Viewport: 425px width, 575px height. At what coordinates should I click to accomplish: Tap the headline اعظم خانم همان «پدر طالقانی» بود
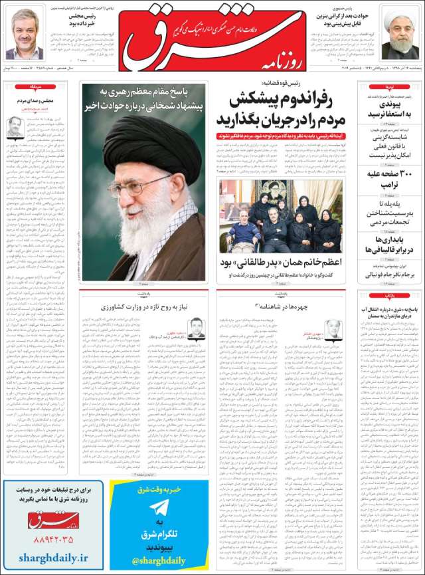pos(282,263)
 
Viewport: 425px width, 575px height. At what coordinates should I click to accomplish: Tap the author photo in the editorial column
pos(15,126)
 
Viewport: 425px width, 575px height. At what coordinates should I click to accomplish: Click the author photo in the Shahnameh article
pos(333,328)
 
